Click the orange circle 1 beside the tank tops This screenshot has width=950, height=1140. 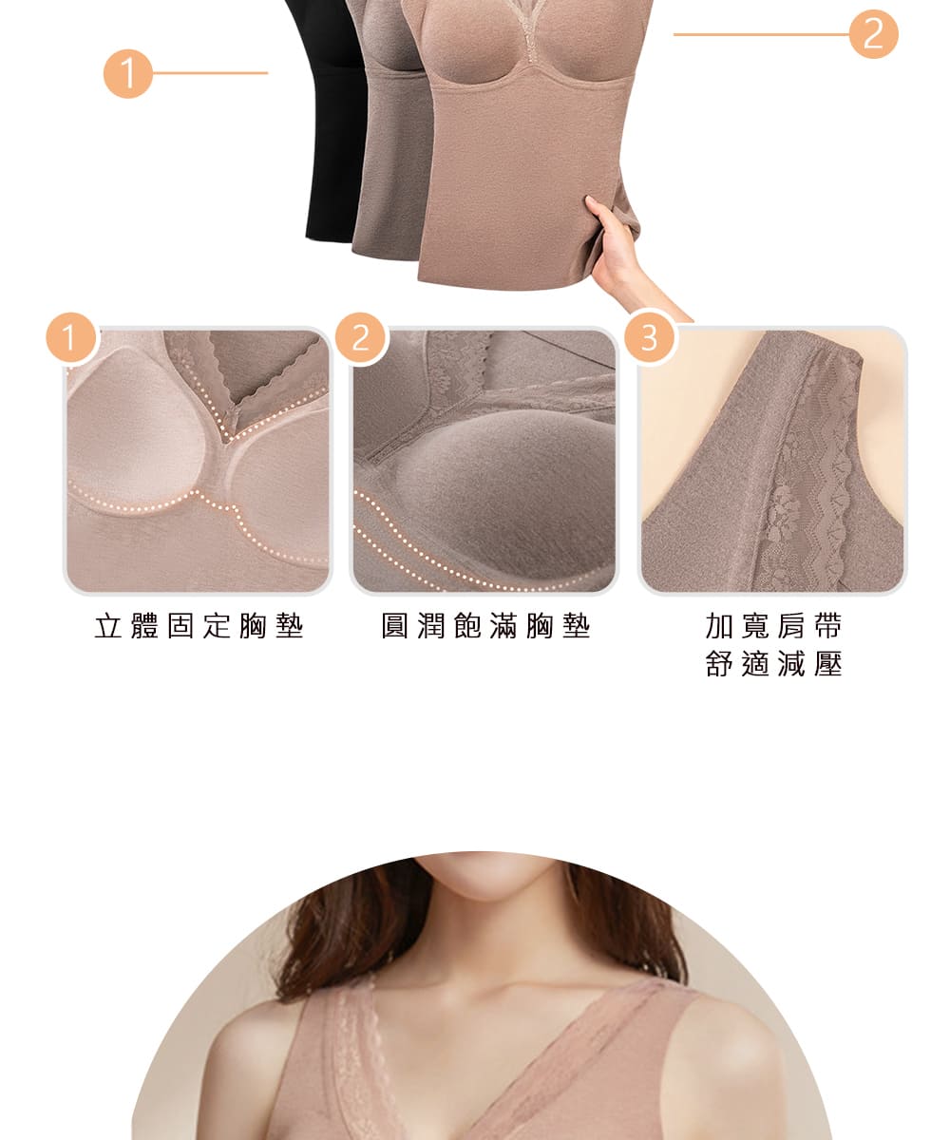(x=128, y=73)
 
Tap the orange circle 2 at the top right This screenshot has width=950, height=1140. (x=873, y=35)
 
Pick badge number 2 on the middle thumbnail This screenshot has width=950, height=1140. (x=360, y=338)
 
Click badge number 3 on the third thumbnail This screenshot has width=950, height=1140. (x=649, y=338)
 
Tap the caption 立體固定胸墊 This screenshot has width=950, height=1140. (x=199, y=627)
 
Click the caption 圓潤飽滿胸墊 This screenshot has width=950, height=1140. (x=485, y=627)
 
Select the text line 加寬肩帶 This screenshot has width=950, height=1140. (x=773, y=627)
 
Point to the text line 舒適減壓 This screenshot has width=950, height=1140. (x=773, y=664)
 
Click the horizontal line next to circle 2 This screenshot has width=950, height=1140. (x=760, y=35)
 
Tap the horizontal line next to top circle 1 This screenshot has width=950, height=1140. (x=209, y=73)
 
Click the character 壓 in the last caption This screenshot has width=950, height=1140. (x=828, y=664)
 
